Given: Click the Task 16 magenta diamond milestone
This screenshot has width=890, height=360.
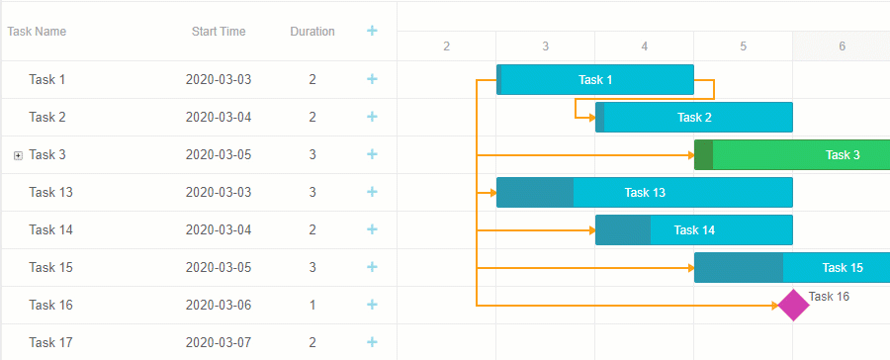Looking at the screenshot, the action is coord(792,305).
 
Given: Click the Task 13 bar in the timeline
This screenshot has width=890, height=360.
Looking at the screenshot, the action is coord(644,192).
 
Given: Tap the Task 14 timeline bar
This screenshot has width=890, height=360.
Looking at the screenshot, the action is coord(693,229).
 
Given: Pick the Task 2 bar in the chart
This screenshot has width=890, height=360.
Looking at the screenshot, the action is coord(693,117).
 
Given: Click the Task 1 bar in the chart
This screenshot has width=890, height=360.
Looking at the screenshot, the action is coord(594,79).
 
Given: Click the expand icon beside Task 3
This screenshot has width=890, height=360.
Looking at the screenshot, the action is coord(18,155).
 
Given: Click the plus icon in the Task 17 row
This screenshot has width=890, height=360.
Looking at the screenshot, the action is coord(372,342).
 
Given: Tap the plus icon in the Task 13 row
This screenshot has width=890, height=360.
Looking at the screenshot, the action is coord(372,192).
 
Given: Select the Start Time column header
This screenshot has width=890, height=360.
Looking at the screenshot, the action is coord(219,32).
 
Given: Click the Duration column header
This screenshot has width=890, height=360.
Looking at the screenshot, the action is coord(312,32).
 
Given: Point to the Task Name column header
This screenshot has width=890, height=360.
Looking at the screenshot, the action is coord(37,32).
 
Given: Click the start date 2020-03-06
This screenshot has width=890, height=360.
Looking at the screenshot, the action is coord(219,305).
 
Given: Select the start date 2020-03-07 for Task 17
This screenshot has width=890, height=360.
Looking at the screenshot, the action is coord(219,342).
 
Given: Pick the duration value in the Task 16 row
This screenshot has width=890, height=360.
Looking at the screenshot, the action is coord(312,305).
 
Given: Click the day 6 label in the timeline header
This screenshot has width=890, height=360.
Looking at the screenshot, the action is coord(842,46).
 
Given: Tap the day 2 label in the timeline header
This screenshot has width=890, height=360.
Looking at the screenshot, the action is coord(446,46).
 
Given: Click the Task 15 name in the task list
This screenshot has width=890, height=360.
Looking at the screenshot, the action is coord(50,267).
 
